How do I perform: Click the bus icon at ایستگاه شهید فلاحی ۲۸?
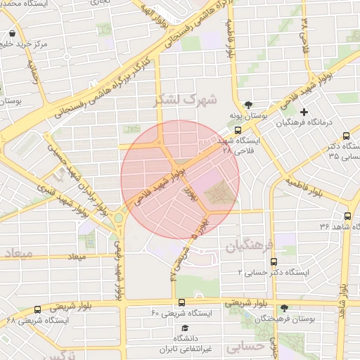point(237,131)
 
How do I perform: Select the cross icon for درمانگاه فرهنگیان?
point(304,112)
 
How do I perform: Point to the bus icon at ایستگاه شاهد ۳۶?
point(347,217)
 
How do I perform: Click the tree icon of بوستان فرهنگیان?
point(284,308)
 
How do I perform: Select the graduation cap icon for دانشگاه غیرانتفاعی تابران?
point(185,328)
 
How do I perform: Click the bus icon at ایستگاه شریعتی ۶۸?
point(37,309)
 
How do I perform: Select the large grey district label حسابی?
point(246,346)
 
